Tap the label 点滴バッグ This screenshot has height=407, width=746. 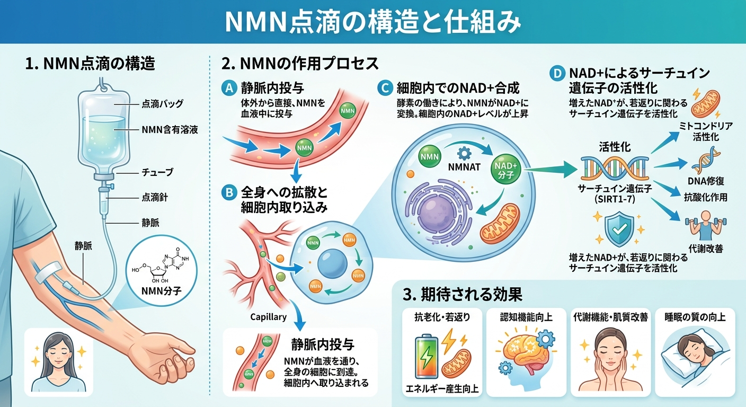(163, 104)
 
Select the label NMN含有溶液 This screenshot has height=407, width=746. (170, 129)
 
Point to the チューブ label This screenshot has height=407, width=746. (158, 172)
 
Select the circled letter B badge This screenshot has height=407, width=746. (229, 192)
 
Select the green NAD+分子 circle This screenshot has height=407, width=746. (507, 170)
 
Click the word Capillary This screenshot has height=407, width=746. (269, 317)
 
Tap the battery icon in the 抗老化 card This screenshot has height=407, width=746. (427, 357)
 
